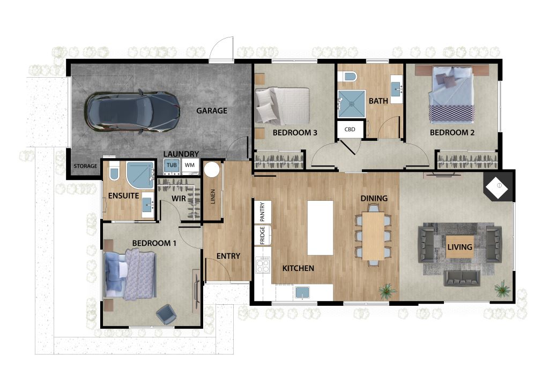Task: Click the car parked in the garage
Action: [x=133, y=112]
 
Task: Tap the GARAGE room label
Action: [x=211, y=110]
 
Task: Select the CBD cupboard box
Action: [x=350, y=129]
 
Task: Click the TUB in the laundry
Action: [x=172, y=165]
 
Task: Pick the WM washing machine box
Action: [x=190, y=165]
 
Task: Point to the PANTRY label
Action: [x=263, y=212]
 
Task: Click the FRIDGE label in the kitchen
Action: [x=263, y=235]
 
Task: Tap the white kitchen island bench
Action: [x=320, y=227]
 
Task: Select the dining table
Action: [x=373, y=236]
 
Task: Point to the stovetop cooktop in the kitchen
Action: [x=263, y=265]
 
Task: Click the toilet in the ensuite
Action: [x=114, y=171]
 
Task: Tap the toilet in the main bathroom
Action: [x=350, y=76]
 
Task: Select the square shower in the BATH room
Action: [x=351, y=104]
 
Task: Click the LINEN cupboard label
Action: [x=212, y=197]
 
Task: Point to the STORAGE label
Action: [x=85, y=166]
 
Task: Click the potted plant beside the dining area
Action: [x=387, y=291]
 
